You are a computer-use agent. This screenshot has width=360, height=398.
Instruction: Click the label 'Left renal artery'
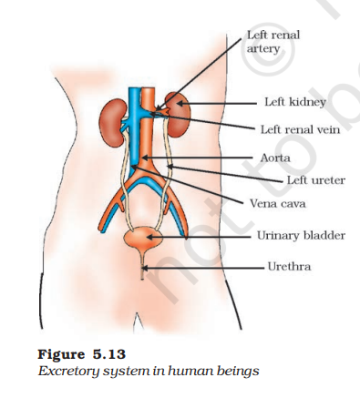(273, 42)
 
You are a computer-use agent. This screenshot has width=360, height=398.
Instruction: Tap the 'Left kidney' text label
(295, 102)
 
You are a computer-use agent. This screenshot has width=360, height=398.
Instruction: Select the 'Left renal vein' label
(300, 129)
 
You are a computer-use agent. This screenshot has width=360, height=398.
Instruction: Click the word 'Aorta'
(275, 158)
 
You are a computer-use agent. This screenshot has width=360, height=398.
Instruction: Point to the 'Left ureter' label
(316, 180)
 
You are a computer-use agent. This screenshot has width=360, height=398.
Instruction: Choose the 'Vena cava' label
(277, 203)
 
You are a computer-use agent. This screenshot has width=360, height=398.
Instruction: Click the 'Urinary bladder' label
(301, 235)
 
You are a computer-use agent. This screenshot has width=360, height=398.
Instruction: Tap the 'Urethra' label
(289, 267)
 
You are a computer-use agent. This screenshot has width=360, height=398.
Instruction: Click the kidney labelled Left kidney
(178, 115)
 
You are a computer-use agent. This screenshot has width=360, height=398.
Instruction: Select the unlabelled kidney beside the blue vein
(113, 125)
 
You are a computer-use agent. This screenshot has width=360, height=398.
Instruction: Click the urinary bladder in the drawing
(143, 238)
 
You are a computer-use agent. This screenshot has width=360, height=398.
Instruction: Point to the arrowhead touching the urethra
(145, 269)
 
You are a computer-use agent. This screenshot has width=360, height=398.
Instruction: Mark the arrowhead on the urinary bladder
(149, 237)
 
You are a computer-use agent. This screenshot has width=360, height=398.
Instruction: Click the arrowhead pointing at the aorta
(145, 158)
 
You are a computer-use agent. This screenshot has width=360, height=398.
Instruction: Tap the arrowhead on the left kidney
(180, 104)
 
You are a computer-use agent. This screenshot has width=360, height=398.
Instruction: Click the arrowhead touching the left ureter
(170, 167)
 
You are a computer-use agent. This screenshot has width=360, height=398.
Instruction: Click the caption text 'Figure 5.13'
(81, 354)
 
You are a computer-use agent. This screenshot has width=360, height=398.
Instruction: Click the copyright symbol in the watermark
(268, 49)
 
